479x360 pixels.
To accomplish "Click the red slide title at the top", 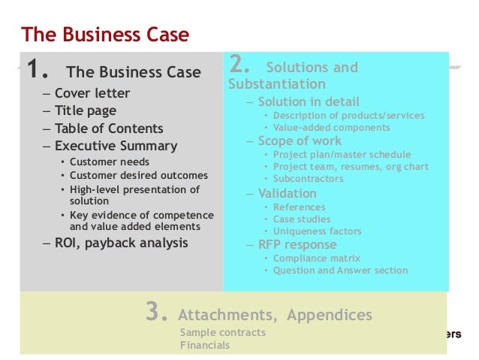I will point(105,35).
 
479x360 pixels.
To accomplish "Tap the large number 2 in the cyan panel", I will point(242,65).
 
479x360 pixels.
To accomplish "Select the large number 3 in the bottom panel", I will point(155,313).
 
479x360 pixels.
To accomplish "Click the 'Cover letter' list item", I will point(92,94).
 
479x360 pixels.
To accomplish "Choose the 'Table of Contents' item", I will point(108,129).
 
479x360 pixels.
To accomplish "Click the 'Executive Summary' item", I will point(116,146).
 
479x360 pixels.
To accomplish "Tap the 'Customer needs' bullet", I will point(110,162).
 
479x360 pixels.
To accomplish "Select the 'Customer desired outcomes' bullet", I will point(138,176).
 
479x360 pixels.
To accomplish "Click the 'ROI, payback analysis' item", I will point(121,243).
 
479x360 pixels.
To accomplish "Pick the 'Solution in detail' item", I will point(309,101).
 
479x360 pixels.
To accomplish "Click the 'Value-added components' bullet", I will point(331,128).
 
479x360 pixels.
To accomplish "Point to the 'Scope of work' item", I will point(299,141).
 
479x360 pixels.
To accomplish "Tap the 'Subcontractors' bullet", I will point(308,179).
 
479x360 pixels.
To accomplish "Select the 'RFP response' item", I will point(297,244).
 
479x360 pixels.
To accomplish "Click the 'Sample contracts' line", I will point(222,332).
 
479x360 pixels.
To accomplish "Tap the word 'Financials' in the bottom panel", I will point(205,346).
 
